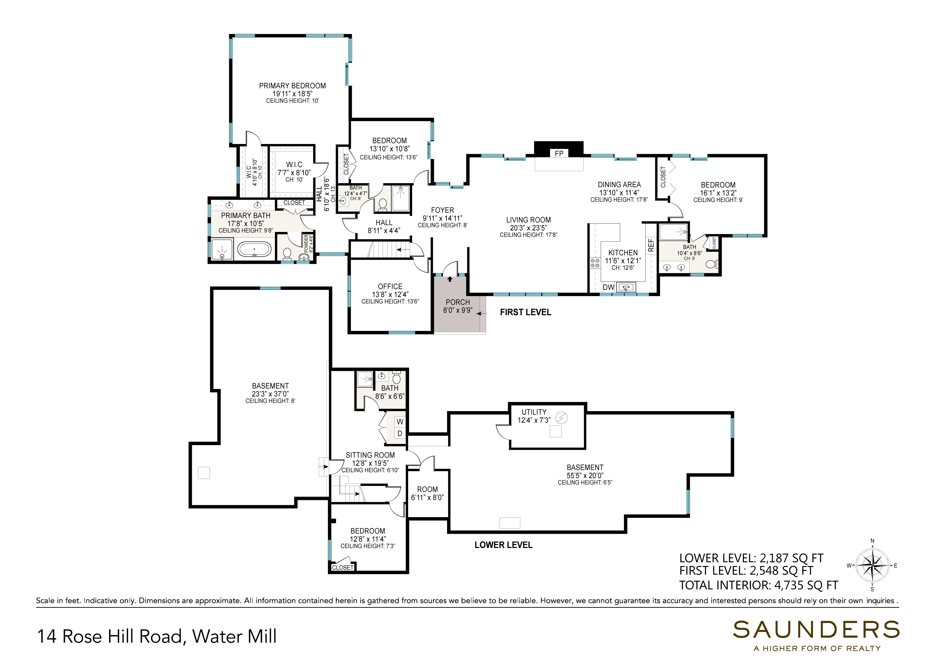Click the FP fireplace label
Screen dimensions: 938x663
(x=559, y=154)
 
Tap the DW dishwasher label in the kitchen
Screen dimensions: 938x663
(x=608, y=287)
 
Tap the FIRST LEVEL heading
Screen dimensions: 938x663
(x=525, y=312)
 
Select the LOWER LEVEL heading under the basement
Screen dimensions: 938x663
(x=503, y=545)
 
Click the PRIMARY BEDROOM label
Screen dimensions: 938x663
(x=292, y=86)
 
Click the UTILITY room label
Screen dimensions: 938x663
(x=534, y=412)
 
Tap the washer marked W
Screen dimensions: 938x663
(x=400, y=422)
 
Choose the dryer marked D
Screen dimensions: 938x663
(x=400, y=433)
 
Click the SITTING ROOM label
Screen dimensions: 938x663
(x=370, y=455)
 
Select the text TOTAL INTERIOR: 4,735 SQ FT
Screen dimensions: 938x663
(x=759, y=585)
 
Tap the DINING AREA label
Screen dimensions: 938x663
(x=619, y=185)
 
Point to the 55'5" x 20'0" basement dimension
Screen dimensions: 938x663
(x=585, y=475)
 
